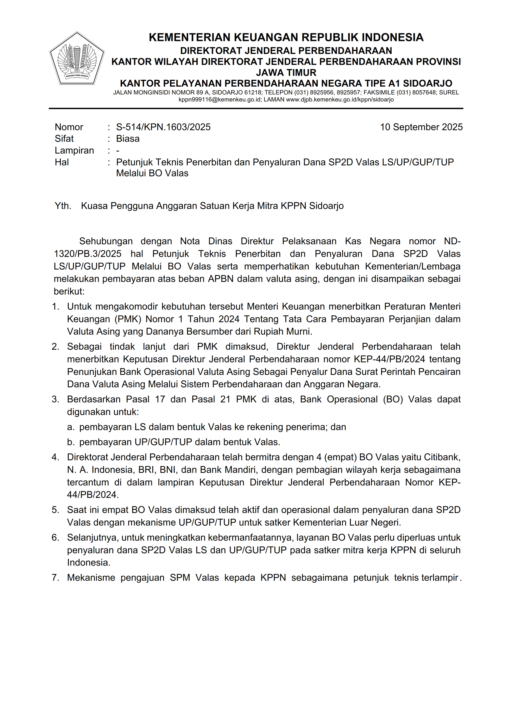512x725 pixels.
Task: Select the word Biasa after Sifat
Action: (x=128, y=139)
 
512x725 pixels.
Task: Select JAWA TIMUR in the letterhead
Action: (x=286, y=73)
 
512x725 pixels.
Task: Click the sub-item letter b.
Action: (x=70, y=442)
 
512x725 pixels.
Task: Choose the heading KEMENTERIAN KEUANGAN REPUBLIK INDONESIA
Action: (x=286, y=38)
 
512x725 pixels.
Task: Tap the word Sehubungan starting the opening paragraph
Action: (x=106, y=241)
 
